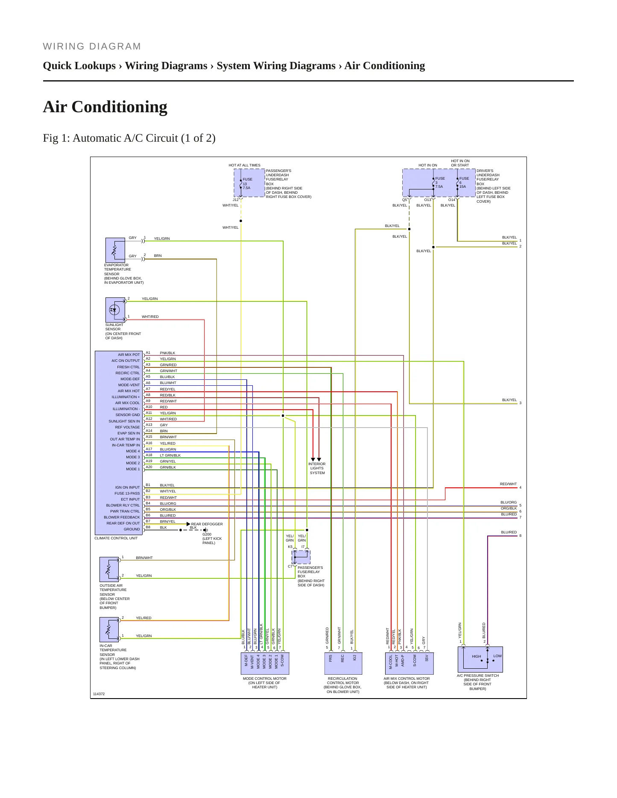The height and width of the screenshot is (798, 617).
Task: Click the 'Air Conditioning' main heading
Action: pos(105,107)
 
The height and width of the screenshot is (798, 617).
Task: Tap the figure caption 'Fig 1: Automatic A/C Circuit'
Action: pos(121,138)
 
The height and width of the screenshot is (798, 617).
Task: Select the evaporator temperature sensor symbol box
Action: pos(115,250)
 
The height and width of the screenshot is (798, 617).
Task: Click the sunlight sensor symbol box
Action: pos(115,310)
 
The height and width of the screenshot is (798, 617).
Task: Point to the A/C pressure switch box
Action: pos(480,659)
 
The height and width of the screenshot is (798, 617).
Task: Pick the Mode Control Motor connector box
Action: pos(265,663)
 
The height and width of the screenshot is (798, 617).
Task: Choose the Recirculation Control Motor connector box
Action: pos(342,663)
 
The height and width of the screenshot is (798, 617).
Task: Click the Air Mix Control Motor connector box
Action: pos(409,663)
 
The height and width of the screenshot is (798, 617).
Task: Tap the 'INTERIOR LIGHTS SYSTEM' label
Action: pos(317,468)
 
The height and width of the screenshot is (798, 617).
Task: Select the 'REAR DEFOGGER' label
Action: pos(207,524)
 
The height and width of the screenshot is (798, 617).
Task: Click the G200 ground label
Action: pos(207,534)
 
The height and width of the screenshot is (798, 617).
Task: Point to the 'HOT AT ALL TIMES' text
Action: pos(244,165)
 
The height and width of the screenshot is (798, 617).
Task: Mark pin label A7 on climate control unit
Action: pos(148,389)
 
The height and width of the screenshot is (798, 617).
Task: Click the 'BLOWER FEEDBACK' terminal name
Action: pos(122,517)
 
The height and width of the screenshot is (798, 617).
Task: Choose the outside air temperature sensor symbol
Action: pos(109,569)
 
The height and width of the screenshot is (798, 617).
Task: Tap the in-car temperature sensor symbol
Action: pos(109,629)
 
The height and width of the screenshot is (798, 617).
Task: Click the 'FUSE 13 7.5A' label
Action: pos(247,183)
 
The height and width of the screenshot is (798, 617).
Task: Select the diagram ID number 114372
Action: pos(99,694)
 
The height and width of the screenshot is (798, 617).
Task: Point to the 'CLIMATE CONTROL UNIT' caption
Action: pos(116,538)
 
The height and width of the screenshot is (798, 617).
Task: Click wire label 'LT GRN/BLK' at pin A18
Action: pos(170,455)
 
